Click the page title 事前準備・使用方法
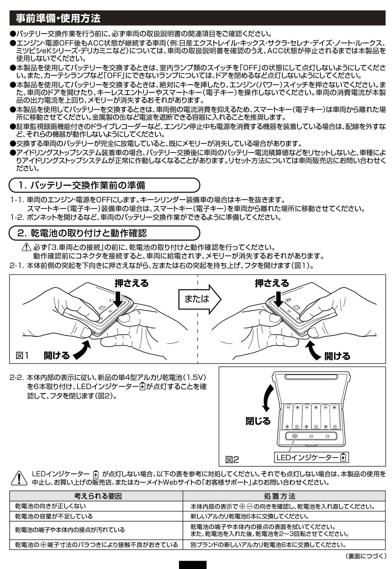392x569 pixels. click(x=58, y=18)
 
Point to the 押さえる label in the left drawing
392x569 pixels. click(x=131, y=283)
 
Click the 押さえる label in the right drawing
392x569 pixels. click(x=272, y=283)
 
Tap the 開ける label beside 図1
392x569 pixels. click(x=56, y=355)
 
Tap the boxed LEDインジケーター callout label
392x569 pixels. click(x=311, y=457)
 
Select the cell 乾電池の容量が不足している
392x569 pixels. click(x=54, y=516)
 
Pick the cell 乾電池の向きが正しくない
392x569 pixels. click(x=50, y=506)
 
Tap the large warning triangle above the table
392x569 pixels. click(x=19, y=478)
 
